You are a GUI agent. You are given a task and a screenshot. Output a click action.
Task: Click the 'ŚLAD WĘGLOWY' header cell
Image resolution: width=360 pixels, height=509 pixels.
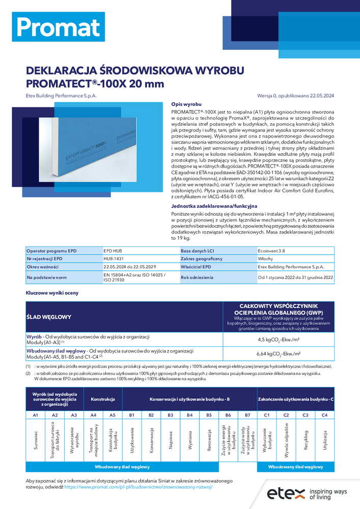pos(49,317)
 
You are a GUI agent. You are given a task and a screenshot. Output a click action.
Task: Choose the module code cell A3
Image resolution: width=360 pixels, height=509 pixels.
pos(74,415)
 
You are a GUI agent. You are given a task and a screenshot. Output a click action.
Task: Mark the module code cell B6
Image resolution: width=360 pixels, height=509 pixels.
pos(228,415)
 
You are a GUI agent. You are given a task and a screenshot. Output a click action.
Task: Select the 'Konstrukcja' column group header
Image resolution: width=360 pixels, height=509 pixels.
pos(103,399)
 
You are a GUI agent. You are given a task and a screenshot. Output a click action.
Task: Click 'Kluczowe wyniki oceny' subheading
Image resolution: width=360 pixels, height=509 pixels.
pos(52,293)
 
